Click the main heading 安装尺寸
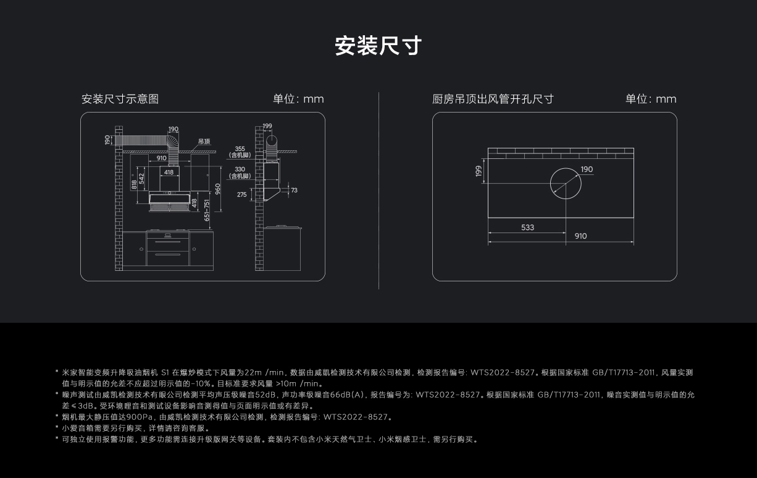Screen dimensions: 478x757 coord(378,46)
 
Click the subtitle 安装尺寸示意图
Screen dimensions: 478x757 coord(120,99)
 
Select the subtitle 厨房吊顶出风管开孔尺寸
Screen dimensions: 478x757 coord(493,99)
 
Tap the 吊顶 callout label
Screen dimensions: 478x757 coord(204,142)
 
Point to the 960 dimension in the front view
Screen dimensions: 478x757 coord(217,187)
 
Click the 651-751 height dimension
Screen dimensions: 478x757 coord(207,210)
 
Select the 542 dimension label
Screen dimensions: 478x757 coord(142,178)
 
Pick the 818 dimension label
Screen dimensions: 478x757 coord(134,185)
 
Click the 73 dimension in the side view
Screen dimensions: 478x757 coord(294,190)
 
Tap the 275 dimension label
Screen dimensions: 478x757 coord(241,195)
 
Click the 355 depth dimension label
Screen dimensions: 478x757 coord(240,149)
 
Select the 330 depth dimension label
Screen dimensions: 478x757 coord(240,169)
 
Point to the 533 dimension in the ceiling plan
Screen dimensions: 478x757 coord(527,228)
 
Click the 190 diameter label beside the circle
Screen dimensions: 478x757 coord(587,169)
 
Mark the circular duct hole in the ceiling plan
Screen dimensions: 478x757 coord(565,184)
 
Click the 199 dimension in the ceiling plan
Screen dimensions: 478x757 coord(479,171)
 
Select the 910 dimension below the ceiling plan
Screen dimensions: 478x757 coord(580,236)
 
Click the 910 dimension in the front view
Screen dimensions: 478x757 coord(161,158)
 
